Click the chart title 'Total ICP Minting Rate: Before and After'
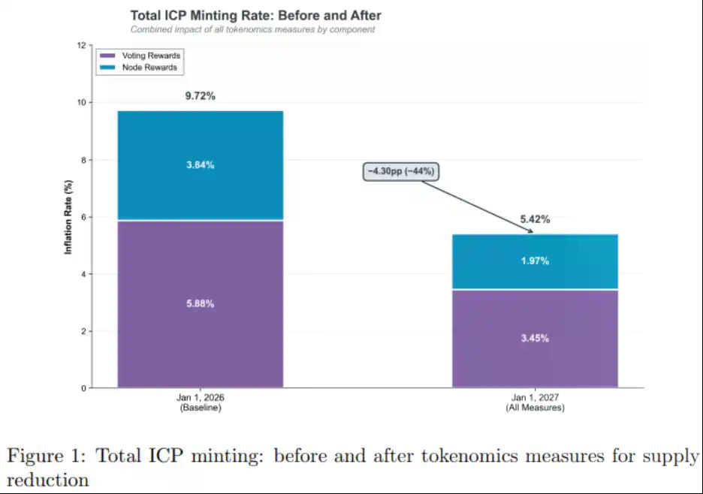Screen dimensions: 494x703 tap(255, 15)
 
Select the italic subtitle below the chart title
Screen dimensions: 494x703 tap(252, 30)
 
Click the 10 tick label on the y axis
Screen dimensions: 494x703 tap(81, 102)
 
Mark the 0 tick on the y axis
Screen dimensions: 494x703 tap(83, 388)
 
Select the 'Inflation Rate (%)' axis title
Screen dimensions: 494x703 tap(68, 217)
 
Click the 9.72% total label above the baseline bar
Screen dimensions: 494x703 tap(201, 96)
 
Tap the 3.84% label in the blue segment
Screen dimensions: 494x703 tap(201, 165)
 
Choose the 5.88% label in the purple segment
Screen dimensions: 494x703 tap(201, 304)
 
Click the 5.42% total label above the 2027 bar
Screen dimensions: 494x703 tap(535, 220)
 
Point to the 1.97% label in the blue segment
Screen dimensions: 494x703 tap(535, 261)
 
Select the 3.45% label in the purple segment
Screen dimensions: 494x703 tap(535, 339)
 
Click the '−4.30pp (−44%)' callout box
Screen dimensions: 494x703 tap(400, 171)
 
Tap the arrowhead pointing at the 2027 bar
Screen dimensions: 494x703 tap(530, 231)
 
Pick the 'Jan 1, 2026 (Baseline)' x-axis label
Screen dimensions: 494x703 tap(201, 402)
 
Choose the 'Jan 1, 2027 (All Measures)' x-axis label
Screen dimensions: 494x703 tap(535, 402)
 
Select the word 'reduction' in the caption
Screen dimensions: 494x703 tap(47, 479)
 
